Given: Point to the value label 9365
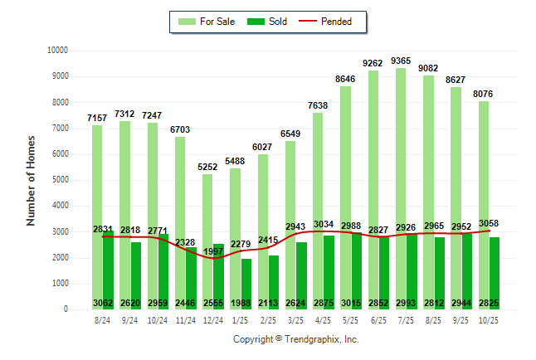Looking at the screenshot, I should click(x=401, y=61).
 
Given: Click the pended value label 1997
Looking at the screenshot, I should click(x=213, y=251).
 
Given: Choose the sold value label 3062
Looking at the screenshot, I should click(x=102, y=303).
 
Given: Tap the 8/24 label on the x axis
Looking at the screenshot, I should click(x=102, y=320).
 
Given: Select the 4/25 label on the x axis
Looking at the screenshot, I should click(x=324, y=320).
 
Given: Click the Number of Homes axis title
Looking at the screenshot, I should click(x=31, y=180).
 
